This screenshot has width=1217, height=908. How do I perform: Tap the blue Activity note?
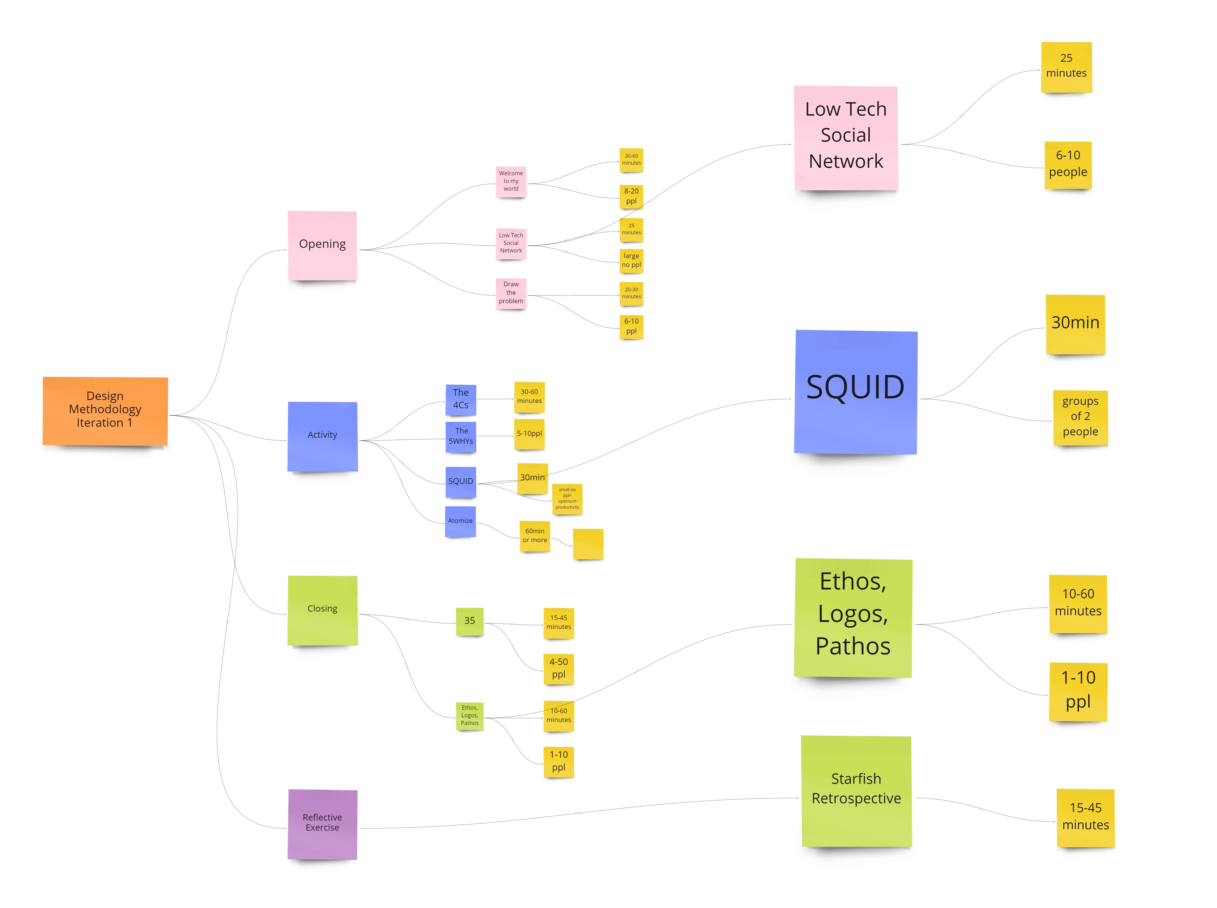click(322, 436)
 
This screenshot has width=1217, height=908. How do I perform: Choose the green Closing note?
click(322, 610)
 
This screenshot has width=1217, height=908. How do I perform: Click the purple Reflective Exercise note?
click(322, 824)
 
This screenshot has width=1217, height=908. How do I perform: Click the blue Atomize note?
click(460, 521)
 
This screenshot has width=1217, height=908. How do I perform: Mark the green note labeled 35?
click(470, 621)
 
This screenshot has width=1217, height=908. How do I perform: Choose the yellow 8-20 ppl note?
click(631, 196)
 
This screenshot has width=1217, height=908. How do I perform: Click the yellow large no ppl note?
click(631, 261)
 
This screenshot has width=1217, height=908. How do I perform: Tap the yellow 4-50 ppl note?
click(558, 669)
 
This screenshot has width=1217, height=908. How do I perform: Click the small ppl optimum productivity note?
click(567, 499)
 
